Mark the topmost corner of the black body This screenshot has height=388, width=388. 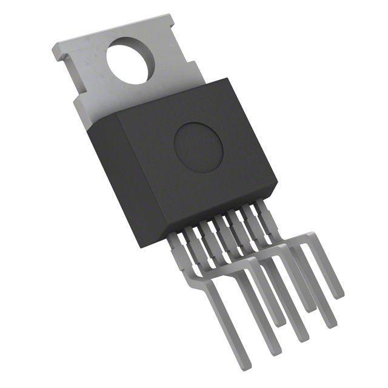(227, 79)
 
